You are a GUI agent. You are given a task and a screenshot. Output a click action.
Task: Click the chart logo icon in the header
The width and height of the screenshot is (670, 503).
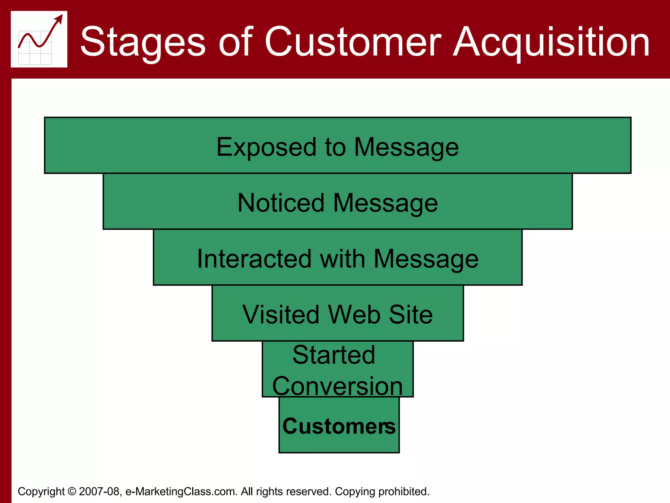tap(39, 39)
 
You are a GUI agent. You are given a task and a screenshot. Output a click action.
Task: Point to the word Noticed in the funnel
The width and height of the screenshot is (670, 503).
tap(281, 203)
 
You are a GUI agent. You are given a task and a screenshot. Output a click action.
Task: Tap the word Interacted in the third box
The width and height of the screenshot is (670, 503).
tap(254, 259)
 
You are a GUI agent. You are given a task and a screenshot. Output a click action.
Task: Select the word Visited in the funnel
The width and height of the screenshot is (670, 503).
tap(281, 315)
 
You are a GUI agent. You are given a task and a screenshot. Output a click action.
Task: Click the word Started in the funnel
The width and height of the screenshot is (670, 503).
tap(334, 355)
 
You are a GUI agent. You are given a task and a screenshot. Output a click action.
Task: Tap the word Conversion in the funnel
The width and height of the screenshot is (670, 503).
tap(337, 386)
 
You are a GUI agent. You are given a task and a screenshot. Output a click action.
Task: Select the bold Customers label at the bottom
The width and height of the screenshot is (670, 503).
tap(339, 426)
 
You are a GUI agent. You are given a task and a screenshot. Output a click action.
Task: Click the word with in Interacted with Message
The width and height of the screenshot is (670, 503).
tap(342, 259)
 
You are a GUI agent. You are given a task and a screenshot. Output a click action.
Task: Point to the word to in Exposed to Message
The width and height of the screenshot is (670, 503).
tap(335, 147)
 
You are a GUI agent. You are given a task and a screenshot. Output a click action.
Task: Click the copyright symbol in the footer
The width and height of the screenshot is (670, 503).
tap(72, 492)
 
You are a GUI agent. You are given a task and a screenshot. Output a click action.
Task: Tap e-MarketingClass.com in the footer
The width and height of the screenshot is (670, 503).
tap(181, 492)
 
